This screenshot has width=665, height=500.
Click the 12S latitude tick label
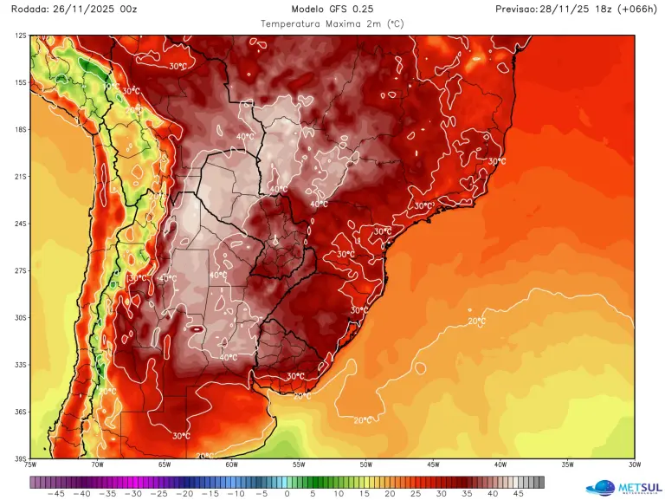20,36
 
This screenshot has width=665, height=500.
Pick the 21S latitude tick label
20,177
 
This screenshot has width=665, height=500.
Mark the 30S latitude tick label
20,318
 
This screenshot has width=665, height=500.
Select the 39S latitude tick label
20,458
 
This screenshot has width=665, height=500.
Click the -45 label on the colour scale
56,493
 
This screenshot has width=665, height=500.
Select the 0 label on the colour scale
287,493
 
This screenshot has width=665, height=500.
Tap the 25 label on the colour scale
414,493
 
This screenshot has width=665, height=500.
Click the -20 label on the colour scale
184,493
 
